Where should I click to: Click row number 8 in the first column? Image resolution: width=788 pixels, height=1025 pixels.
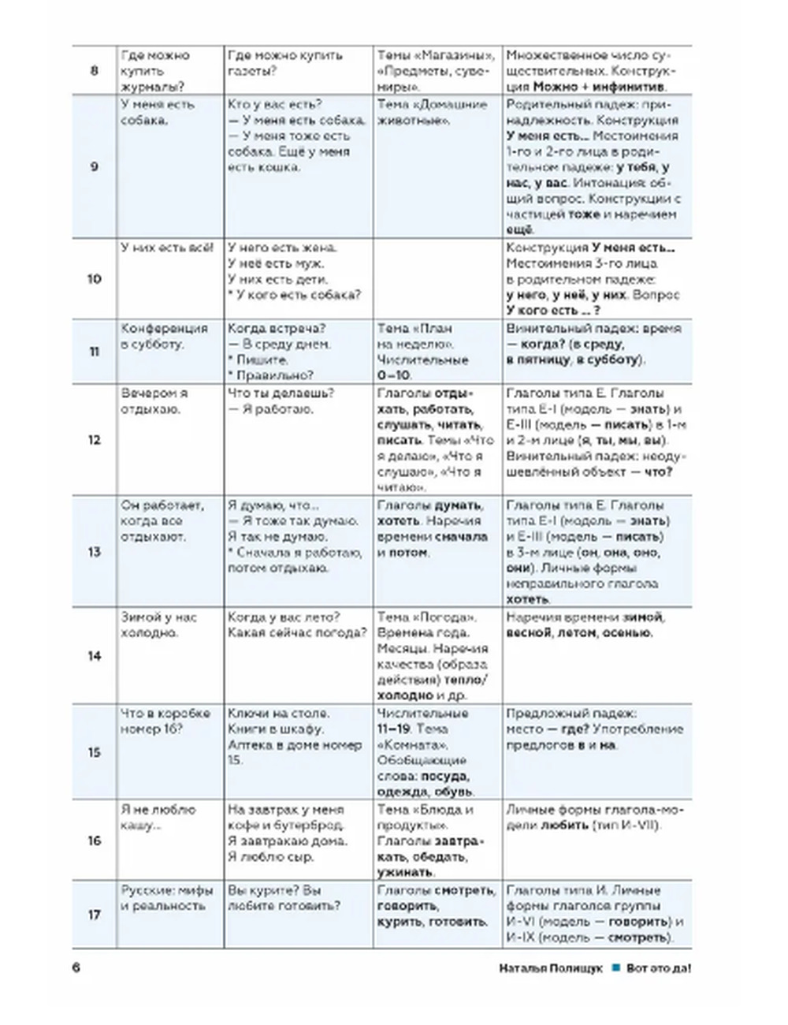click(x=94, y=71)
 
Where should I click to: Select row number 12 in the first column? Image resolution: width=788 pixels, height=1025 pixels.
click(x=94, y=440)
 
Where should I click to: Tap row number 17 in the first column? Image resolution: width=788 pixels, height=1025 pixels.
click(x=94, y=915)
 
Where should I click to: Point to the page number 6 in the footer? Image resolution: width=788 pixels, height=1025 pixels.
click(x=76, y=968)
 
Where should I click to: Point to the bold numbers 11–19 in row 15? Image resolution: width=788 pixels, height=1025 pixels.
click(x=394, y=729)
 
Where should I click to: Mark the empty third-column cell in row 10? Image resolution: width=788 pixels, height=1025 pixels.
click(x=437, y=278)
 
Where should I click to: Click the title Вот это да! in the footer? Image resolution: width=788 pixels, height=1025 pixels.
click(x=659, y=968)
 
